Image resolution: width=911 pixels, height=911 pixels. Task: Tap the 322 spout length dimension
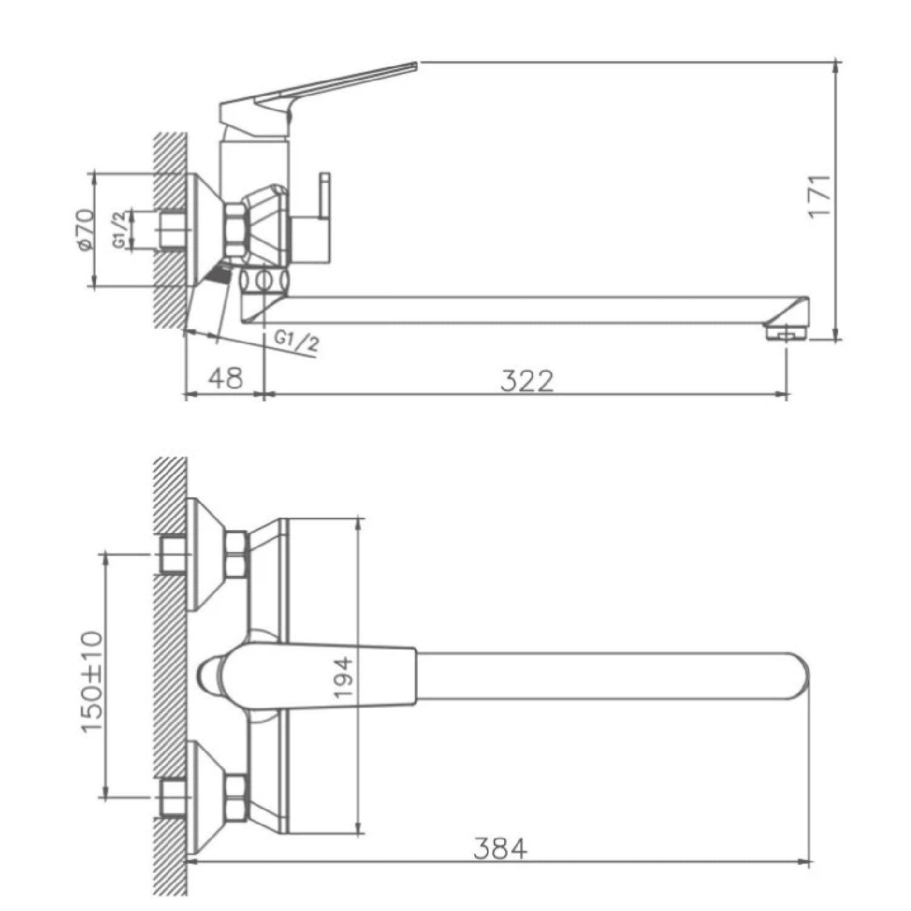[x=527, y=381]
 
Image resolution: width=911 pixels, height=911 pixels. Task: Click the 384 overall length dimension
[x=500, y=848]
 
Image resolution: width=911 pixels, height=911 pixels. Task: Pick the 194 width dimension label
[x=344, y=677]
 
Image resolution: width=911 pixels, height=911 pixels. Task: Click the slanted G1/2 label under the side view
[x=296, y=342]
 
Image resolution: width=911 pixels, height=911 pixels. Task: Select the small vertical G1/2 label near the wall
[x=119, y=230]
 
